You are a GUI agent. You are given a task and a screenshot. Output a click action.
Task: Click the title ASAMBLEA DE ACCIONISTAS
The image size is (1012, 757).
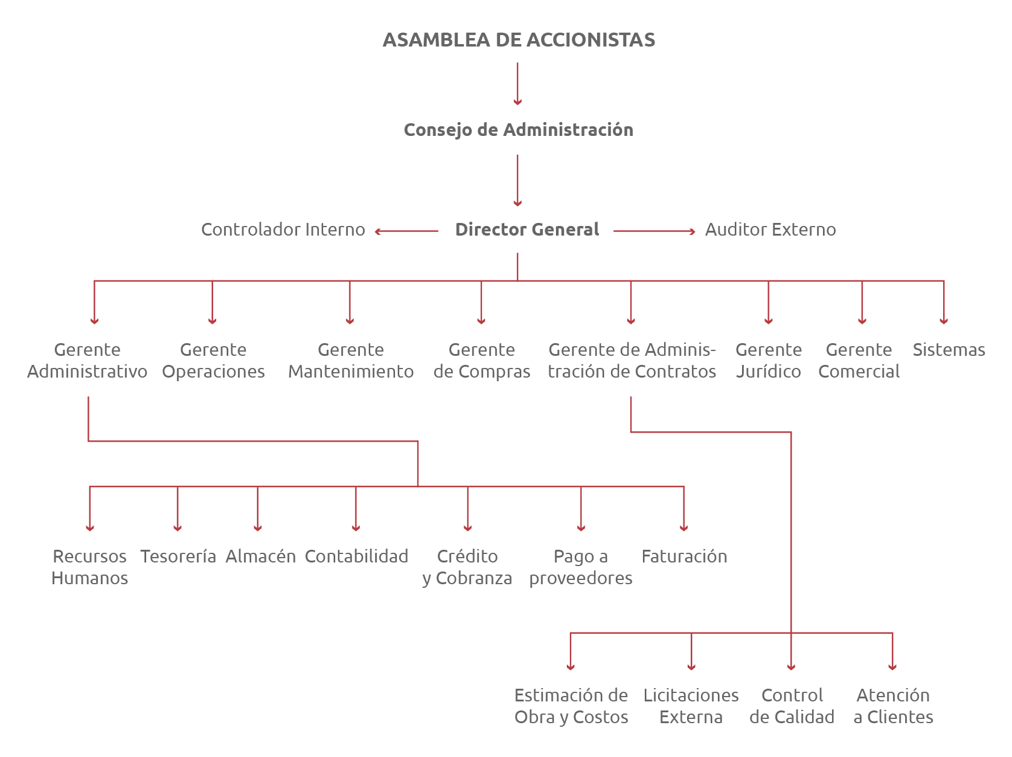coord(519,40)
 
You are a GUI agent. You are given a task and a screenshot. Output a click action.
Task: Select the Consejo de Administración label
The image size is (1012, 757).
coord(518,130)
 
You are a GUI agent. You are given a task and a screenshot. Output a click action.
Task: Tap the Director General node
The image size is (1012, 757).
coord(527,230)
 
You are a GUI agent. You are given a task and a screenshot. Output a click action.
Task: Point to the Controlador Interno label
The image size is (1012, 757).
coord(283,230)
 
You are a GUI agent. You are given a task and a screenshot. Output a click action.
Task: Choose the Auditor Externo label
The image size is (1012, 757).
coord(770,230)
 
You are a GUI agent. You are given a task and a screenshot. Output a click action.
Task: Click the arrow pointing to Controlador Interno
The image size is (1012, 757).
coord(406,231)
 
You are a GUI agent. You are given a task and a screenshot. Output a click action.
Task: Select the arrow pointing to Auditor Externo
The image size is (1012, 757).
coord(655,231)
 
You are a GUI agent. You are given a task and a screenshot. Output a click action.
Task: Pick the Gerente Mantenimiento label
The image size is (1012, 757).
coord(351,361)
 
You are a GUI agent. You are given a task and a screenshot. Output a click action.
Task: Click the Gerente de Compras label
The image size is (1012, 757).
coord(481,361)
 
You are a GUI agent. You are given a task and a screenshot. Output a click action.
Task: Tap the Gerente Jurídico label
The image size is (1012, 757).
coord(768,361)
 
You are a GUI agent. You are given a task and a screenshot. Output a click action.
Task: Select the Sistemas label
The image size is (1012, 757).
coord(948,350)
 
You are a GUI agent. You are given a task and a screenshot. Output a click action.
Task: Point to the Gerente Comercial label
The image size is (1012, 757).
coord(859,361)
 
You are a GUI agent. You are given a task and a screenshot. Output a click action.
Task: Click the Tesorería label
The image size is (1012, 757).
coord(178,556)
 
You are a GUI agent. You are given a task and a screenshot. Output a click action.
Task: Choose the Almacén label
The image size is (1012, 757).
coord(260,556)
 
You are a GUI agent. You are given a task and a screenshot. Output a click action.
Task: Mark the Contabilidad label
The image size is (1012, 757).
coord(356,556)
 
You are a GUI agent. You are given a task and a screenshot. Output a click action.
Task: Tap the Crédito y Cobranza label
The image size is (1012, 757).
coord(467,567)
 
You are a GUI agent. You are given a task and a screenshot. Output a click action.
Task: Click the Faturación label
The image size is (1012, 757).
coord(684,556)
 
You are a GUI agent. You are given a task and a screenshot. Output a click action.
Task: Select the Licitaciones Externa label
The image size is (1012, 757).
coord(691,706)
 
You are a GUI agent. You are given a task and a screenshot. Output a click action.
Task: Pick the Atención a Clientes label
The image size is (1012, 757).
coord(893,706)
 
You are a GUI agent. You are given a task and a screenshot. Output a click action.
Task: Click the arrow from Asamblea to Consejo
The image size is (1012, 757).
coord(517,83)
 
